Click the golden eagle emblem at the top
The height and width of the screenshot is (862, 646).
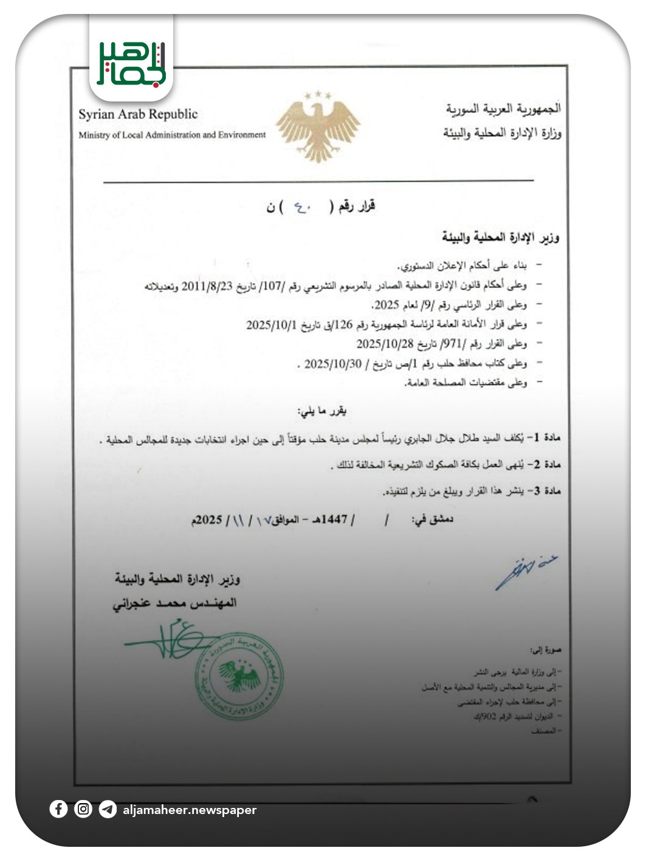(x=318, y=126)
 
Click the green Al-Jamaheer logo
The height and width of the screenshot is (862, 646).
(x=131, y=63)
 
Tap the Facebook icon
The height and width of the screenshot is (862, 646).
(x=58, y=809)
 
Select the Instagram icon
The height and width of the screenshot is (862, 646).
(x=83, y=809)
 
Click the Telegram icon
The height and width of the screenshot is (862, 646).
(x=108, y=809)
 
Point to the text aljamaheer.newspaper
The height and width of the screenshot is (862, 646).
(x=190, y=810)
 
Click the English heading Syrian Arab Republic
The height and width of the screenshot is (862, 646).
(x=138, y=114)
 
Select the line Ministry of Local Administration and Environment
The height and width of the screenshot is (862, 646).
(x=172, y=135)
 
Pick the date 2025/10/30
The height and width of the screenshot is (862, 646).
(x=332, y=364)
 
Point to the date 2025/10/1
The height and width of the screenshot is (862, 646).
(x=271, y=324)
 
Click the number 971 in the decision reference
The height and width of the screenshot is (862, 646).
(x=455, y=344)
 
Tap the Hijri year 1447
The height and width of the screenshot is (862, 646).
(x=334, y=519)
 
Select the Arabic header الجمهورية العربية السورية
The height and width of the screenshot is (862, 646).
(x=503, y=109)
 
